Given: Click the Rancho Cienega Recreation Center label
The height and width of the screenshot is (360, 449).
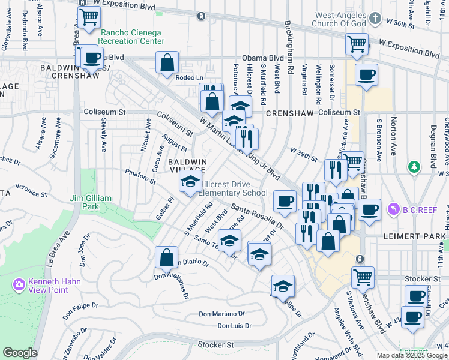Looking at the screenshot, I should click(x=132, y=37).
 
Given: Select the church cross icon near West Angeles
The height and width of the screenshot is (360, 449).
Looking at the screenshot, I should click(x=375, y=17).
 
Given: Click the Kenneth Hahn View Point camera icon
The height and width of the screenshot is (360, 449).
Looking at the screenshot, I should click(x=19, y=283).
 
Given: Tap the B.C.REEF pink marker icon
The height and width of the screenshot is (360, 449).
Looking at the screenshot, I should click(x=394, y=209).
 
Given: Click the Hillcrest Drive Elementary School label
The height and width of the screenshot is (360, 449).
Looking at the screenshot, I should click(x=233, y=188).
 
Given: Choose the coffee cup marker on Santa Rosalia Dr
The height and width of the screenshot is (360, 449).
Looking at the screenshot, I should click(x=285, y=200).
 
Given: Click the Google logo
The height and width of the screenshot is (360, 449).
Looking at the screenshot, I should click(x=20, y=353).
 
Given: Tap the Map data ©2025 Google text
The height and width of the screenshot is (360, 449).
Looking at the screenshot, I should click(x=411, y=355).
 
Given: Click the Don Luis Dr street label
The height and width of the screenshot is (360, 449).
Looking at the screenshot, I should click(x=234, y=326).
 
